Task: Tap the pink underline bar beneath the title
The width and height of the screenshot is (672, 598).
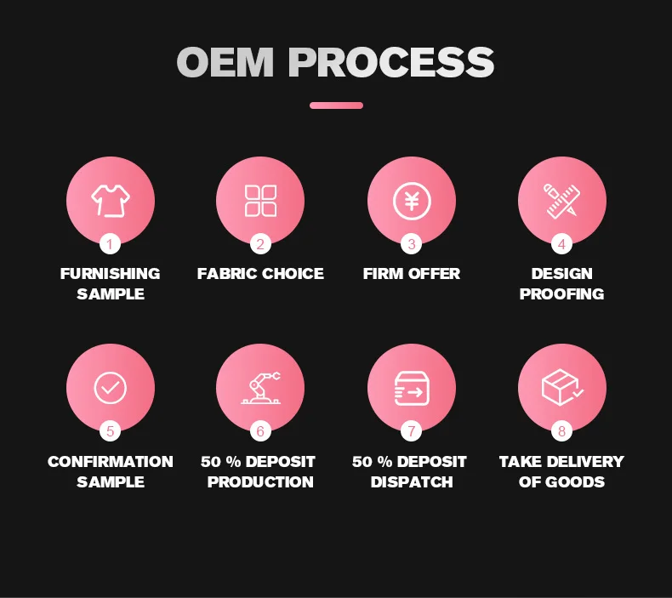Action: pos(336,105)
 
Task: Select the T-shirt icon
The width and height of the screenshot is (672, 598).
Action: pos(110,201)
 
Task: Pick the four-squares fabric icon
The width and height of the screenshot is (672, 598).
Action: pos(260,201)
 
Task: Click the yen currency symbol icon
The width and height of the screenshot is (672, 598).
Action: pos(412,201)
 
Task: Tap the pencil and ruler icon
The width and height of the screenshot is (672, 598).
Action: pos(561,201)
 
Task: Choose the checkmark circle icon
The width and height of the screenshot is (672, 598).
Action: pos(110,388)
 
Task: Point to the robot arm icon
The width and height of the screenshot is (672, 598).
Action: pos(260,388)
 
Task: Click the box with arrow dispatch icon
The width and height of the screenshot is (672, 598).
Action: pos(412,388)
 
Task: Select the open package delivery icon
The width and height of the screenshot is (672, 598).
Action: pos(561,388)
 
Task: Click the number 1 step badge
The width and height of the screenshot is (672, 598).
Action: pos(110,244)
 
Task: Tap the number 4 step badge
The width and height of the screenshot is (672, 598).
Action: pos(561,244)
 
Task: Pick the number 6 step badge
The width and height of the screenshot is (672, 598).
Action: pos(260,431)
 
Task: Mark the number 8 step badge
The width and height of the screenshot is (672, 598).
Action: pos(561,431)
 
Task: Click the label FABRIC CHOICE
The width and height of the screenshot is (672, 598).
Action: pos(260,274)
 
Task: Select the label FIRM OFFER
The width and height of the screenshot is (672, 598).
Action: pos(412,274)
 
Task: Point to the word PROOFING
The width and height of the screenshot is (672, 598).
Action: pos(561,294)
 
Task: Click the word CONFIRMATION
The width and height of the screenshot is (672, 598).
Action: pos(110,462)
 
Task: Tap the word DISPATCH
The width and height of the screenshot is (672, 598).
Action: pos(412,482)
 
